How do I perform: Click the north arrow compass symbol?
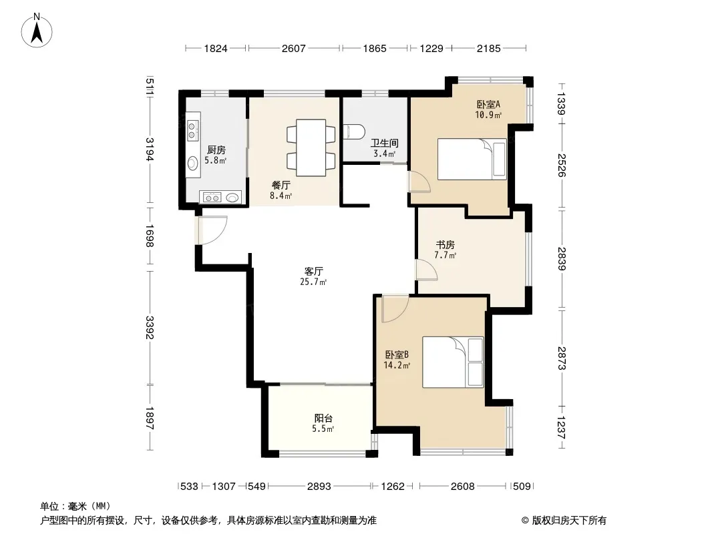click(37, 31)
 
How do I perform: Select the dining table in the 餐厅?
click(311, 148)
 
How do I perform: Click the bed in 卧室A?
click(472, 159)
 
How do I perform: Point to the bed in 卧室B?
click(453, 362)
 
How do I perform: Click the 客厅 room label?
click(313, 271)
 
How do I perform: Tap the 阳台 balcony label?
click(323, 419)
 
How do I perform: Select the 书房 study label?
click(445, 245)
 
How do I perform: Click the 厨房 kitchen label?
click(216, 150)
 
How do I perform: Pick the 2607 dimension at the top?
click(294, 48)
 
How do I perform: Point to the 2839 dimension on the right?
click(562, 258)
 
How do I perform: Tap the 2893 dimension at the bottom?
click(319, 487)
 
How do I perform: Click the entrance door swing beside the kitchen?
click(212, 230)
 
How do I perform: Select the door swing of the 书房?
click(427, 270)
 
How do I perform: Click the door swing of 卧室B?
click(395, 308)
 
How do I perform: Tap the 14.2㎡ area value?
click(397, 365)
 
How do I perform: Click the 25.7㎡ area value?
click(313, 282)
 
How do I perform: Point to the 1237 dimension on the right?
click(562, 427)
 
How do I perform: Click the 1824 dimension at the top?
click(216, 48)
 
